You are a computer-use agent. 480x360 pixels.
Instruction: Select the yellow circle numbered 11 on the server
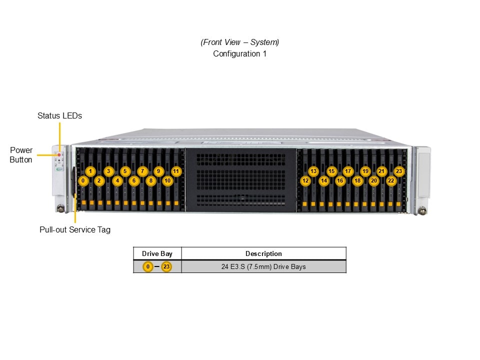pyautogui.click(x=176, y=171)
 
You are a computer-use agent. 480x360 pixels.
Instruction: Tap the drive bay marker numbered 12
pyautogui.click(x=305, y=180)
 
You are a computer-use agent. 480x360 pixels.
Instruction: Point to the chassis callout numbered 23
pyautogui.click(x=399, y=171)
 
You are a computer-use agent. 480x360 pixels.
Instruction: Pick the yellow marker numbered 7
pyautogui.click(x=142, y=171)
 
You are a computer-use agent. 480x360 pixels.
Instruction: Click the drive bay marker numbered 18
pyautogui.click(x=357, y=180)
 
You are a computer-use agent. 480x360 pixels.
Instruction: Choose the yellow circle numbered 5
pyautogui.click(x=125, y=171)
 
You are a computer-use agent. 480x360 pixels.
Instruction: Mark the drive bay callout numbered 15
pyautogui.click(x=331, y=171)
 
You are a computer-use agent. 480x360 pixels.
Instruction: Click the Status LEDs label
pyautogui.click(x=59, y=115)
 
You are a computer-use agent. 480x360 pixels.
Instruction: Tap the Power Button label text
pyautogui.click(x=21, y=155)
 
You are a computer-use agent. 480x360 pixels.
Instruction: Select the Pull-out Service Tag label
pyautogui.click(x=75, y=230)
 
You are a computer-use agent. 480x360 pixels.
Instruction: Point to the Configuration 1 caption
pyautogui.click(x=239, y=53)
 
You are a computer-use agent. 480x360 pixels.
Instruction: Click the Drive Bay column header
pyautogui.click(x=157, y=253)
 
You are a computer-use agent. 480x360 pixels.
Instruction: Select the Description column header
pyautogui.click(x=263, y=253)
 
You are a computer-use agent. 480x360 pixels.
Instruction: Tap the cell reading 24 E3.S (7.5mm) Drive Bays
pyautogui.click(x=263, y=266)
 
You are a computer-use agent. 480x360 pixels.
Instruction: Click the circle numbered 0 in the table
pyautogui.click(x=147, y=266)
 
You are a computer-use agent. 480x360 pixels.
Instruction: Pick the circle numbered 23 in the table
pyautogui.click(x=166, y=266)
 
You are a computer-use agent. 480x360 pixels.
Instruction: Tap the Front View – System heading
pyautogui.click(x=239, y=42)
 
